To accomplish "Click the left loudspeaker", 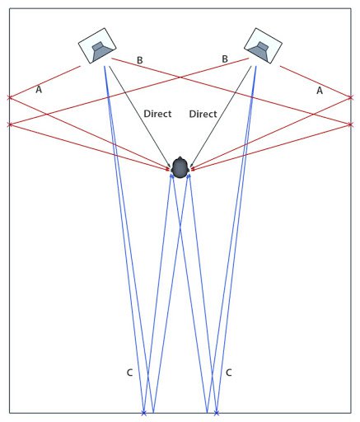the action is click(x=97, y=45).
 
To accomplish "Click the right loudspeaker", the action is click(x=263, y=45).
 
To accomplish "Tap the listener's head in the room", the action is click(x=180, y=167).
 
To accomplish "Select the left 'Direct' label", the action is click(x=157, y=114).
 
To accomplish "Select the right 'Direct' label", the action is click(x=203, y=114).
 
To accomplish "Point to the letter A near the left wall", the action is click(x=39, y=89).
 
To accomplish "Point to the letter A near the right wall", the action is click(x=320, y=91).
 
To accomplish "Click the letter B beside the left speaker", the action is click(x=139, y=60).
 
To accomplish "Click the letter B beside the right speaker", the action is click(x=225, y=59).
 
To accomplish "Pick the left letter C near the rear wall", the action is click(x=129, y=373).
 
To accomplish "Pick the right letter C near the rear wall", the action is click(x=228, y=373).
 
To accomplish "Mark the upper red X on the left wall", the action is click(x=10, y=97).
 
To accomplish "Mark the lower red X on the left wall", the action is click(x=10, y=124).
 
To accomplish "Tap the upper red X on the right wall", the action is click(x=350, y=97).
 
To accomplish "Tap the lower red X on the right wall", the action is click(x=350, y=124).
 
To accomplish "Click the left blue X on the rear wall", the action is click(x=143, y=413).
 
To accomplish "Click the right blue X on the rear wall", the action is click(x=217, y=413).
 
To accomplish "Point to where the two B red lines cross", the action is click(x=180, y=77).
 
